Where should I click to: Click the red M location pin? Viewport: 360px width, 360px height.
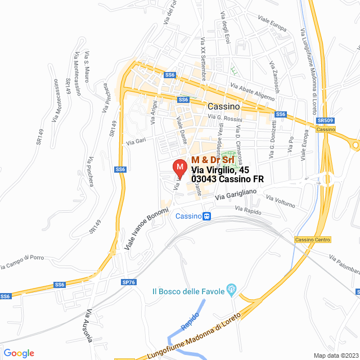179,168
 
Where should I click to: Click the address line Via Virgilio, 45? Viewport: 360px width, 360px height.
220,169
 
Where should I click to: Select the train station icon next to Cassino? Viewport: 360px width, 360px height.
207,216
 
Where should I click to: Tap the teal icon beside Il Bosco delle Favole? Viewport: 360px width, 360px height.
230,290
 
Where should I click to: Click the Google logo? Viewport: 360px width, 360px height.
19,353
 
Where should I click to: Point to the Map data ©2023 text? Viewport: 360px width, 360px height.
335,355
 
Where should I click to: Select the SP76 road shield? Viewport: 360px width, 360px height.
128,282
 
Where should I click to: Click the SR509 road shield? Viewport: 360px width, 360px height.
324,120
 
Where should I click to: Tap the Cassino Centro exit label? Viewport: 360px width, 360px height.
313,240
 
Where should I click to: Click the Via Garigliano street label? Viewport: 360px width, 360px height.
235,194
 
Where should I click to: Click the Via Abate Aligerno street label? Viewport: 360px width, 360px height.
253,91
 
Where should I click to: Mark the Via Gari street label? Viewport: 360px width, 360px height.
136,141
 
